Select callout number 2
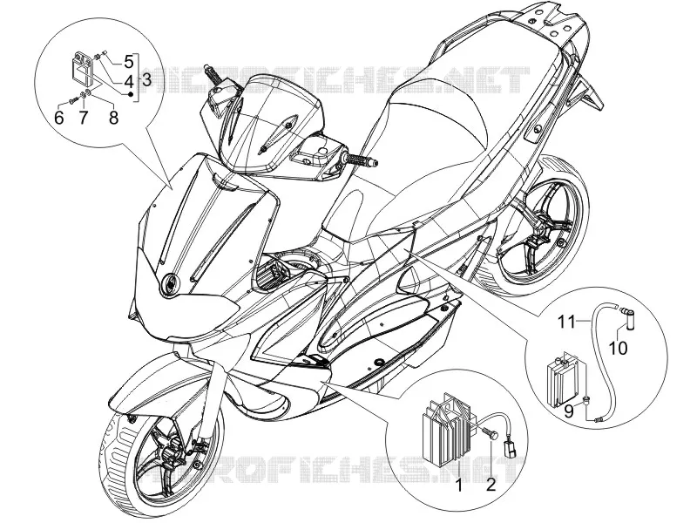tap(491, 485)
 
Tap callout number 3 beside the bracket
tap(146, 80)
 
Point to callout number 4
tap(128, 81)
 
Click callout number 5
tap(128, 62)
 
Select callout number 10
tap(618, 348)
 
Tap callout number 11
tap(567, 322)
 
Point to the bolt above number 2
tap(491, 437)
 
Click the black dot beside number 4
tap(131, 94)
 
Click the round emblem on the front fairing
tap(170, 282)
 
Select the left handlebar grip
tap(213, 74)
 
